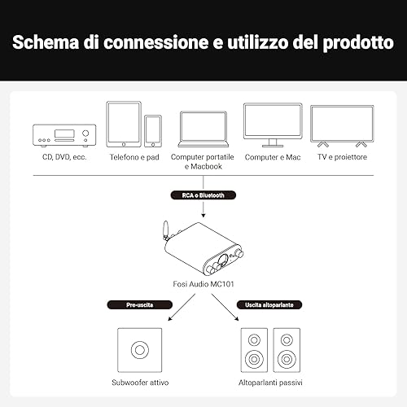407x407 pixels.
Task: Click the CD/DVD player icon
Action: (x=64, y=136)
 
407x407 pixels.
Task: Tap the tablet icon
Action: (x=124, y=125)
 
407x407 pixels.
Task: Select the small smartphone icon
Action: (x=153, y=131)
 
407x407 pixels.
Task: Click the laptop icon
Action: (x=203, y=129)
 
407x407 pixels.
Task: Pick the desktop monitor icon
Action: (x=273, y=125)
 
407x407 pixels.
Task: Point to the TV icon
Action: (x=342, y=126)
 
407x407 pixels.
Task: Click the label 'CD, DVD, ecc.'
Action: (x=64, y=157)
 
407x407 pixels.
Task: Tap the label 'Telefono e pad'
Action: (x=134, y=157)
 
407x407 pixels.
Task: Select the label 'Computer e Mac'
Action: (x=273, y=157)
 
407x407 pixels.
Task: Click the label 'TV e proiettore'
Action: (x=342, y=157)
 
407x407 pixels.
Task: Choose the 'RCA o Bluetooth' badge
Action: (x=203, y=195)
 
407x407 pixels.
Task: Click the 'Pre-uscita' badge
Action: (x=140, y=304)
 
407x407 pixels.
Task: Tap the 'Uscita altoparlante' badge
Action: (x=269, y=304)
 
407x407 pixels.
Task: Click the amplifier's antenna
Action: (x=165, y=230)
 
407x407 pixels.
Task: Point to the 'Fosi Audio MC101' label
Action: (x=203, y=284)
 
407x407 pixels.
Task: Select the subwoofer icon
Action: (x=140, y=350)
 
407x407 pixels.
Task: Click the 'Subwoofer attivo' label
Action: (x=140, y=383)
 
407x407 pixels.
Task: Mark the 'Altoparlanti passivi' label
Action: (x=270, y=383)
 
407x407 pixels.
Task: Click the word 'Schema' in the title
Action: (x=46, y=42)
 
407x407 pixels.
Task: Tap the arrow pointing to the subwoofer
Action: (x=182, y=308)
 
